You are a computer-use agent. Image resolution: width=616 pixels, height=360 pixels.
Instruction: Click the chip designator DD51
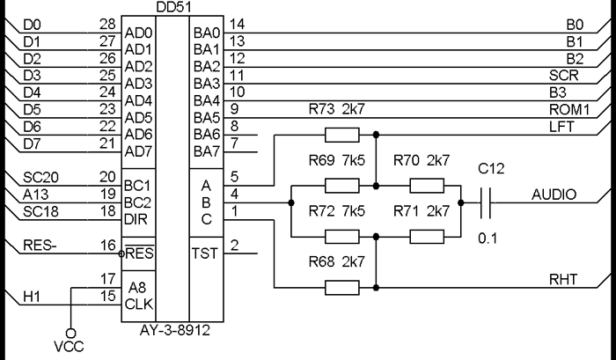pyautogui.click(x=175, y=7)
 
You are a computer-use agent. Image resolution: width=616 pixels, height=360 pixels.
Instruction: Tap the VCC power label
pyautogui.click(x=70, y=348)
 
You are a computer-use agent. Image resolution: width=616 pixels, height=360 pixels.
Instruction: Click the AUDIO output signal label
pyautogui.click(x=554, y=195)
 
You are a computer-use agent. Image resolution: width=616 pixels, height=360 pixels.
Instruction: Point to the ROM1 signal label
pyautogui.click(x=568, y=109)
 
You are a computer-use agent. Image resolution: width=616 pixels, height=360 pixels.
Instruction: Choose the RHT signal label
pyautogui.click(x=563, y=279)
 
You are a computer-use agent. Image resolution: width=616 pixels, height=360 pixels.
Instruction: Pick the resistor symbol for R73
pyautogui.click(x=341, y=135)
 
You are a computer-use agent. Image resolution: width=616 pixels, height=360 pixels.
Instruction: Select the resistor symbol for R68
pyautogui.click(x=341, y=287)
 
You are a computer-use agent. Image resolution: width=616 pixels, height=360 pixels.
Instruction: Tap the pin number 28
pyautogui.click(x=107, y=24)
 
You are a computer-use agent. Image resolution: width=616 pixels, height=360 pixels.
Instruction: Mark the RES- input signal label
pyautogui.click(x=39, y=246)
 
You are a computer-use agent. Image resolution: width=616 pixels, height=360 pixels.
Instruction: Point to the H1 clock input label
pyautogui.click(x=33, y=297)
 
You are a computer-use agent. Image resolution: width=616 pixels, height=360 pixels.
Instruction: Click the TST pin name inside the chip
pyautogui.click(x=208, y=253)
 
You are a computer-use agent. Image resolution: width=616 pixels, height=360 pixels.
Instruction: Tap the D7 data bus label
pyautogui.click(x=32, y=143)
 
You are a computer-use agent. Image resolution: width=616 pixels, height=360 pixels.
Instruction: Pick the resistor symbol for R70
pyautogui.click(x=428, y=186)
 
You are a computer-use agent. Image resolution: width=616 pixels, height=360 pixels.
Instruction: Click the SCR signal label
pyautogui.click(x=564, y=75)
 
